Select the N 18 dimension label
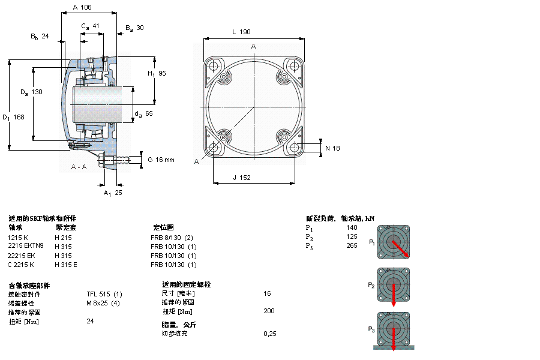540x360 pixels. (x=332, y=148)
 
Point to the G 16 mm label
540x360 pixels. (x=161, y=160)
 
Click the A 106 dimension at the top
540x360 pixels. (x=82, y=7)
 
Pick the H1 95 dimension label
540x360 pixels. (x=157, y=73)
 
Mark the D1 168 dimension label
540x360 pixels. (x=13, y=117)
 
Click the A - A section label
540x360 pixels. (x=79, y=166)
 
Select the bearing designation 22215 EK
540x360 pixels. (x=21, y=256)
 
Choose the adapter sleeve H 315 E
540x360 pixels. (x=66, y=265)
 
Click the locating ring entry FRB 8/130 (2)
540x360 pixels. (x=172, y=238)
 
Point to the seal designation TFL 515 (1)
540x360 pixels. (x=104, y=294)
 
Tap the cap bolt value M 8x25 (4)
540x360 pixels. (x=103, y=303)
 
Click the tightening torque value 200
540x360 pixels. (x=269, y=311)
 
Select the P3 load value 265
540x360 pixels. (x=352, y=245)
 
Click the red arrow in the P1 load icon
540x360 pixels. (x=400, y=248)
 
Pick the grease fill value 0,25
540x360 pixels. (x=270, y=334)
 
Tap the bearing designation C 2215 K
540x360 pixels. (x=21, y=265)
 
